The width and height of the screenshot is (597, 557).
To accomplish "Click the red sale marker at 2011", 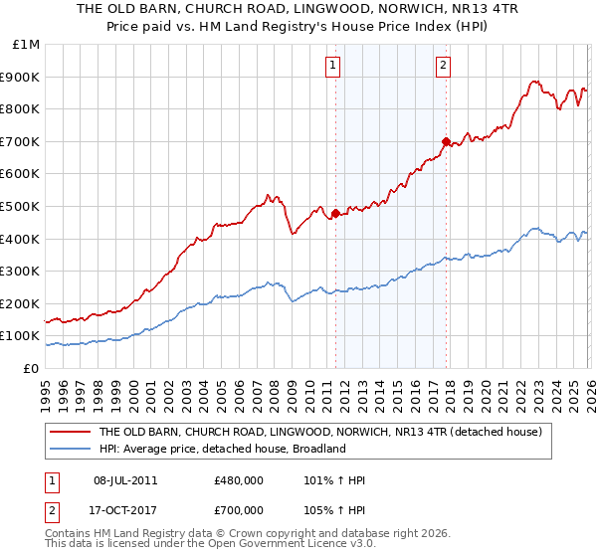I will point(335,212).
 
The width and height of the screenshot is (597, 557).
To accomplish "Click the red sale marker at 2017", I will point(446,141).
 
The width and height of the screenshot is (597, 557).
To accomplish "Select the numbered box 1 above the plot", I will point(331,67).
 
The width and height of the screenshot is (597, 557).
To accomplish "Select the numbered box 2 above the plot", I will point(442,67).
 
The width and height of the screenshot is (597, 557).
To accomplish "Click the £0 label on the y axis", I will point(30,368).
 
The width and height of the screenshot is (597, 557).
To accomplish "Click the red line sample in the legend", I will point(71,432).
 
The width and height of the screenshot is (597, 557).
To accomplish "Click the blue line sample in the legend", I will point(71,449).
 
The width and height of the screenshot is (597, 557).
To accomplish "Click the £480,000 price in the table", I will point(237,480).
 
